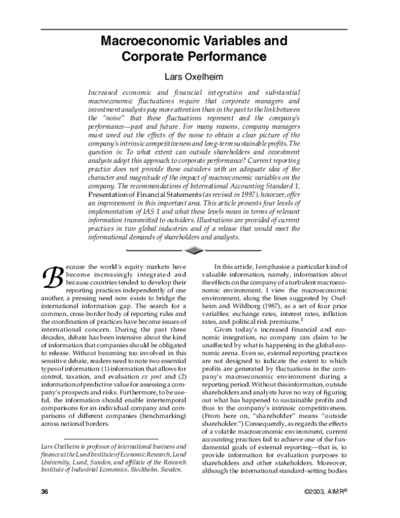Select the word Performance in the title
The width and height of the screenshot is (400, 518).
tap(233, 57)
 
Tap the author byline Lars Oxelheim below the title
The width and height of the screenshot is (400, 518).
tap(200, 77)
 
